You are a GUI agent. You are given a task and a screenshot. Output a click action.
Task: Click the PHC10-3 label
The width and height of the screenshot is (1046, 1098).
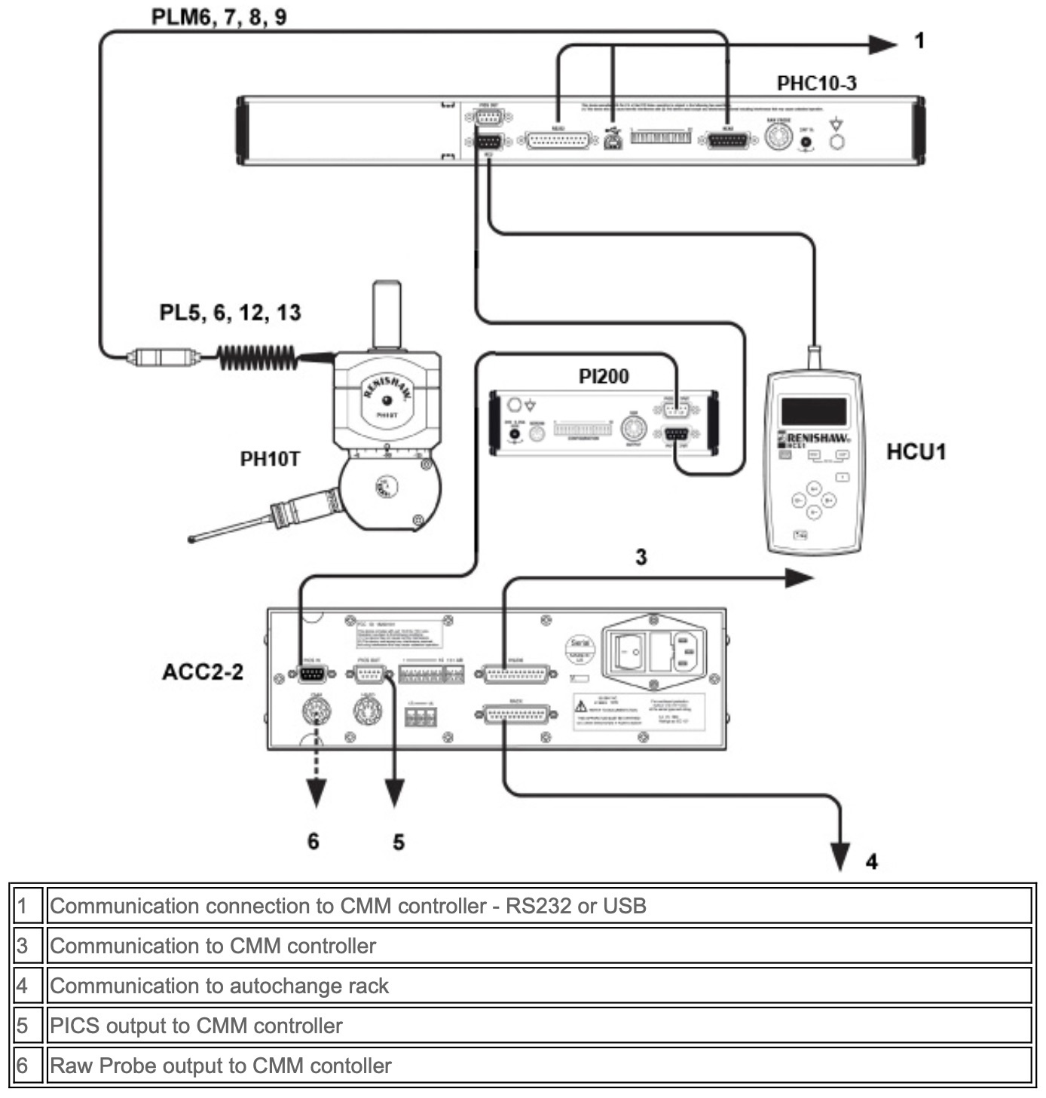(x=816, y=83)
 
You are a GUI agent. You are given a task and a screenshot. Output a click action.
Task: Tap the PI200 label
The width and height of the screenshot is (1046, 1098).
(x=604, y=376)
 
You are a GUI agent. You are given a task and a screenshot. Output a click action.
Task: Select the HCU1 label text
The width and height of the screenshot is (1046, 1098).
(x=916, y=452)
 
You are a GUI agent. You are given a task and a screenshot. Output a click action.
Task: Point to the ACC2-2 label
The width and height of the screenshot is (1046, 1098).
(x=203, y=671)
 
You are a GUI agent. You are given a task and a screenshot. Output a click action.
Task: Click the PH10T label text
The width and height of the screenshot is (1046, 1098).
(x=270, y=458)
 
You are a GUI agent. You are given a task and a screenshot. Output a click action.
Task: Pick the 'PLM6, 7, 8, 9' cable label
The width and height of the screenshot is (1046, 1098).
(x=219, y=17)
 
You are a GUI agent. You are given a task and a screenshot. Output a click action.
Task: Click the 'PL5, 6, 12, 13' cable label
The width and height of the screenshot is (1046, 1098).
(x=230, y=312)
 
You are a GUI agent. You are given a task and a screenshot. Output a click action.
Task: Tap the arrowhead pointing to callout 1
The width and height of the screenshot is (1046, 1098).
(x=882, y=44)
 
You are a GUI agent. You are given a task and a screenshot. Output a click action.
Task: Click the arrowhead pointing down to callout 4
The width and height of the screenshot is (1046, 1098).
(x=841, y=856)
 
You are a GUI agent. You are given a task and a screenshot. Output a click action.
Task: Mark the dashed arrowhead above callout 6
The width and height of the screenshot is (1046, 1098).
(x=316, y=793)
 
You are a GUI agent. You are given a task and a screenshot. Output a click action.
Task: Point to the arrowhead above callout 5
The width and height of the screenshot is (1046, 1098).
(x=394, y=793)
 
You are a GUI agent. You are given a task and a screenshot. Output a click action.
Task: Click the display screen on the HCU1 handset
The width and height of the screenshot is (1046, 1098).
(x=813, y=411)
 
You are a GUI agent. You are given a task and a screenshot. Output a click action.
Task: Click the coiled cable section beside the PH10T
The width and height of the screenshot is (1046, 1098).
(x=256, y=356)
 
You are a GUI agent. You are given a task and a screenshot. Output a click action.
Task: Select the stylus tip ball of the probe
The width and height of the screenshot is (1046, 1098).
(x=191, y=539)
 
